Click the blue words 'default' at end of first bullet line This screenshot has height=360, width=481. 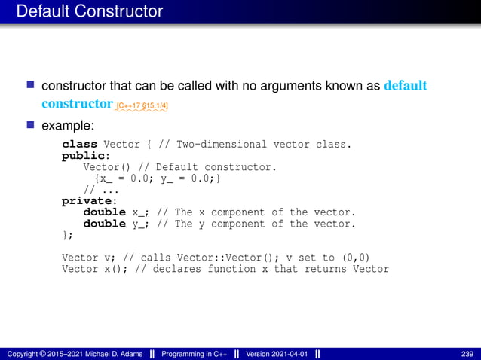tap(406, 85)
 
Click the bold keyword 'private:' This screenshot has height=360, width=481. tap(89, 201)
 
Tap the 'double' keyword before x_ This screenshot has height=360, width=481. tap(104, 212)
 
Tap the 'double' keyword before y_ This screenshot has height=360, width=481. tap(104, 224)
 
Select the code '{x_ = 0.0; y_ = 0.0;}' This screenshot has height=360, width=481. tap(157, 178)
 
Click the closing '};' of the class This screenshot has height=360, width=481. tap(68, 235)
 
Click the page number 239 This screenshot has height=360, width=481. tap(467, 354)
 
